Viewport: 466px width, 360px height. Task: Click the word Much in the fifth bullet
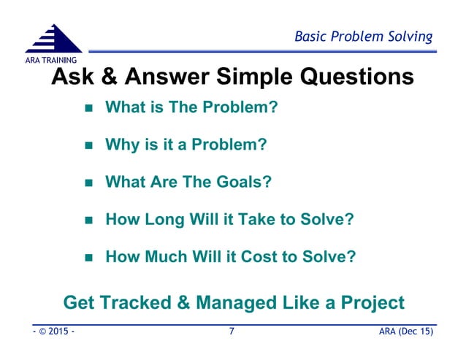click(164, 256)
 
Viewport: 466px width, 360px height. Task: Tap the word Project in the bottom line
click(367, 302)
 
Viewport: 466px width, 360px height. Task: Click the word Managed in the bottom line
click(235, 302)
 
